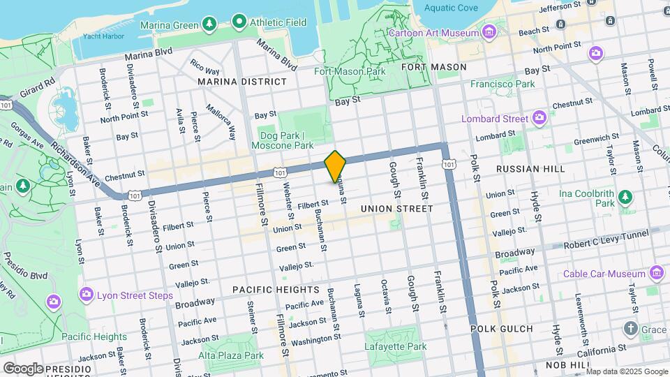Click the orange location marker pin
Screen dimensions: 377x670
335,166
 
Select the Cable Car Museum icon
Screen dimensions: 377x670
656,272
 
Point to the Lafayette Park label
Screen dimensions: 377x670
396,346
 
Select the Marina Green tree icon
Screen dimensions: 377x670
209,25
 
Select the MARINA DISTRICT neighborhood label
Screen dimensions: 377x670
242,82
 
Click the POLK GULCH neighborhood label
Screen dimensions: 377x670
501,328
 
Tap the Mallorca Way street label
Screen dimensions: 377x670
222,120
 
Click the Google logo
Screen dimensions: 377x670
23,368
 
